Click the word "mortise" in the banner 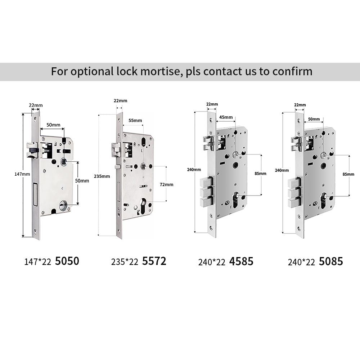click(x=160, y=71)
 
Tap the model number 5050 click(x=67, y=261)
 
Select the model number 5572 click(x=154, y=261)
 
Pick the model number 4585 click(x=241, y=261)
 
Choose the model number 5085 click(x=331, y=261)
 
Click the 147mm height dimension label click(x=22, y=174)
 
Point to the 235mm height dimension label click(x=102, y=176)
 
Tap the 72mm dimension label click(x=166, y=184)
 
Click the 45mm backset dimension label click(x=226, y=117)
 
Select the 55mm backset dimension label click(x=135, y=120)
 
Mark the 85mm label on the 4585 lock click(x=260, y=174)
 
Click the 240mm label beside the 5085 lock click(x=282, y=170)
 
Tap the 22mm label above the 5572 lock click(x=120, y=100)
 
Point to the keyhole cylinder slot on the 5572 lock click(x=143, y=206)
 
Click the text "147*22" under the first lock click(x=38, y=262)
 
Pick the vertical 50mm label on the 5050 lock click(x=82, y=181)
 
